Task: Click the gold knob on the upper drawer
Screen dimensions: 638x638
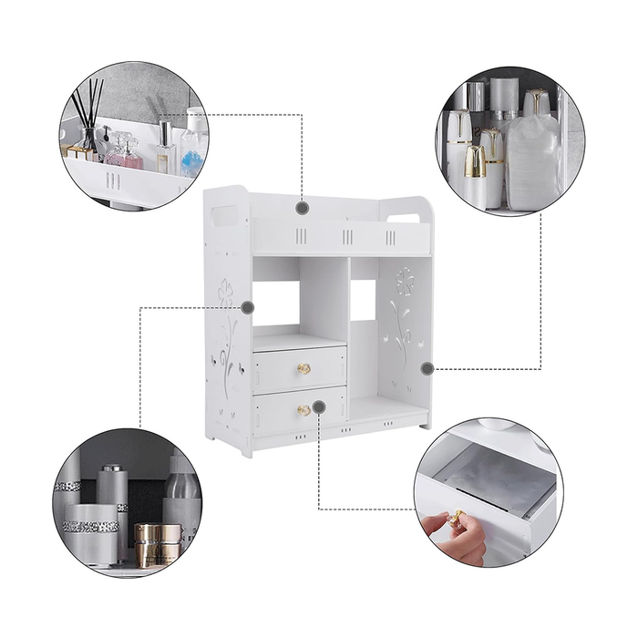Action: point(304,369)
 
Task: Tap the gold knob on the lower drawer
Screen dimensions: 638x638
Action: point(303,410)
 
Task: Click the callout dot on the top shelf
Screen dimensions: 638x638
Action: point(303,208)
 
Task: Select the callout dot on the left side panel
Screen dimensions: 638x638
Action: point(247,307)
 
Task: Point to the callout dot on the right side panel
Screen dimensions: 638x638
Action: point(427,368)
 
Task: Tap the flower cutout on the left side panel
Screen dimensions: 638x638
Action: point(226,293)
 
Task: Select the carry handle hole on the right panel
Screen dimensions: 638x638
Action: point(407,218)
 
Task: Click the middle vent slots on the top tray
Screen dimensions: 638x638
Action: point(347,237)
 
